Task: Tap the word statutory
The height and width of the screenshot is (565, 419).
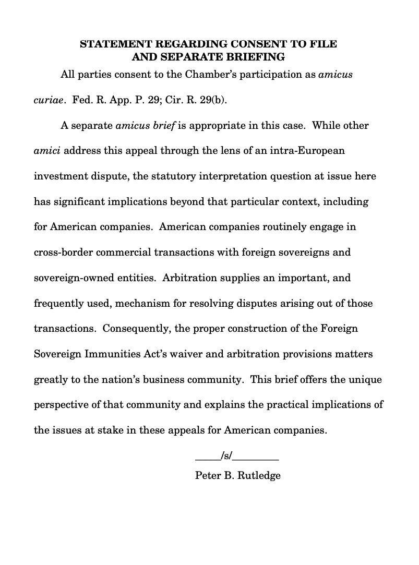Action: [177, 176]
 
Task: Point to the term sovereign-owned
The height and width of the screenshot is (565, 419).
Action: [73, 278]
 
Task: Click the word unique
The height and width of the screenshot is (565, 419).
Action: [365, 380]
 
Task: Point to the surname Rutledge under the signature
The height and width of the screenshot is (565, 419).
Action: [259, 476]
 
